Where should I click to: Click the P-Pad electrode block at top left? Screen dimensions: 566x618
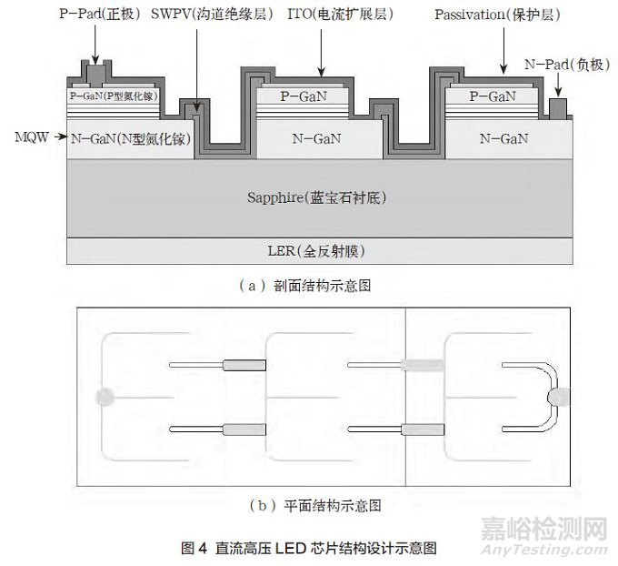94,74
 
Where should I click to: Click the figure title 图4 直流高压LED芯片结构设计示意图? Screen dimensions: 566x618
310,548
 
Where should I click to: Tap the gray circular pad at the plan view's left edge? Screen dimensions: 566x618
105,396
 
